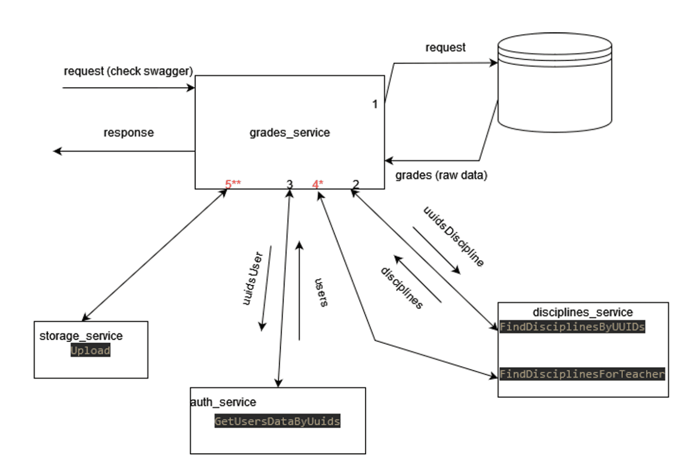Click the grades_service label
tap(290, 132)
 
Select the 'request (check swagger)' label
tap(128, 71)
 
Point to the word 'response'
tap(129, 132)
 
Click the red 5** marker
tap(233, 184)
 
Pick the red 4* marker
tap(318, 184)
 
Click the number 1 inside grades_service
tap(375, 104)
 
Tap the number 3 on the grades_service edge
tap(289, 184)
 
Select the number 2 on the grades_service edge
tap(356, 184)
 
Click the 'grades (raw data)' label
tap(441, 175)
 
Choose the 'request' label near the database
tap(445, 47)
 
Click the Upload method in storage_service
tap(91, 350)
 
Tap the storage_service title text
tap(81, 336)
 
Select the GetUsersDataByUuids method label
tap(277, 421)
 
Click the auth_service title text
tap(223, 402)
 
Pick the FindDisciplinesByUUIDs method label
tap(572, 327)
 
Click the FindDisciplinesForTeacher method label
tap(582, 374)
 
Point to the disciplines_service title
tap(582, 312)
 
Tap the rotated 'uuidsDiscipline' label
tap(454, 236)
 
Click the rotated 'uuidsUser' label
tap(252, 278)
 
